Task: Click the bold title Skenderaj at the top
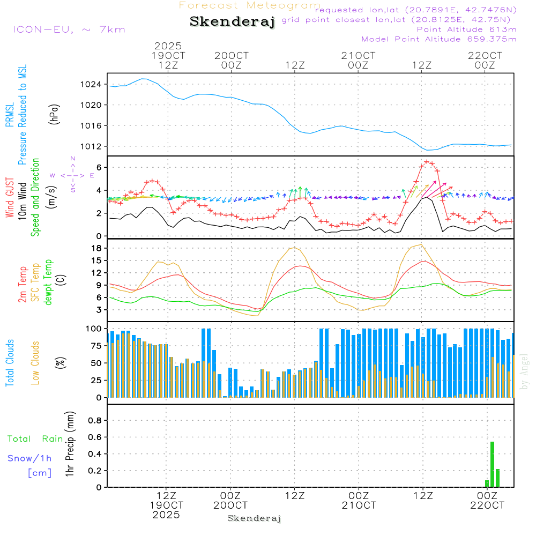pos(232,22)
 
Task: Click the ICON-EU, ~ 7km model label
pos(69,29)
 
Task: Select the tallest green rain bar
pos(492,464)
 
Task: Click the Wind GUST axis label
pos(10,199)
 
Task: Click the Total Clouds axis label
pos(10,363)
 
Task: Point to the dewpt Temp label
pos(48,282)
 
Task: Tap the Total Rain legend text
pos(35,439)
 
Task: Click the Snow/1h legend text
pos(29,458)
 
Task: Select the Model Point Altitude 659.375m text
pos(438,39)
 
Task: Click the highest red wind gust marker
pos(427,161)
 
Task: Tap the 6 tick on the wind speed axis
pos(100,167)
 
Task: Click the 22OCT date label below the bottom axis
pos(487,505)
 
